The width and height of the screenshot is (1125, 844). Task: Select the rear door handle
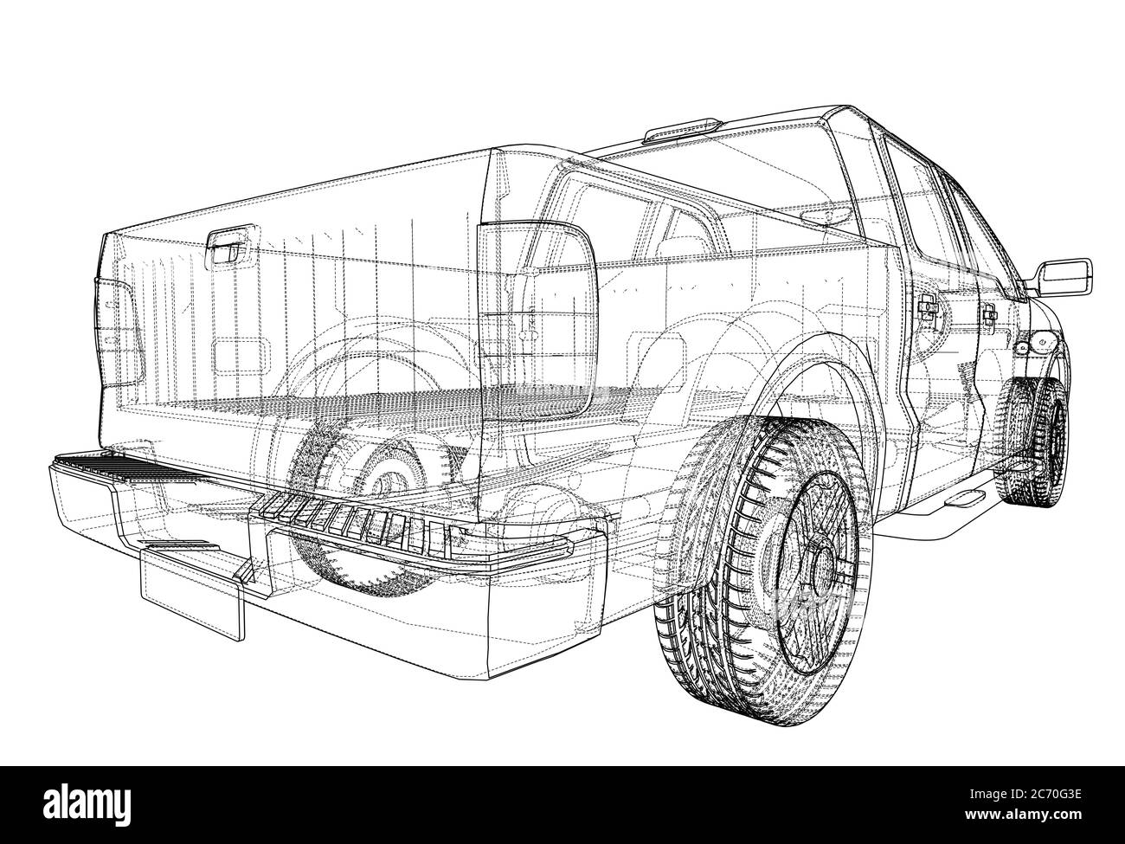click(928, 307)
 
